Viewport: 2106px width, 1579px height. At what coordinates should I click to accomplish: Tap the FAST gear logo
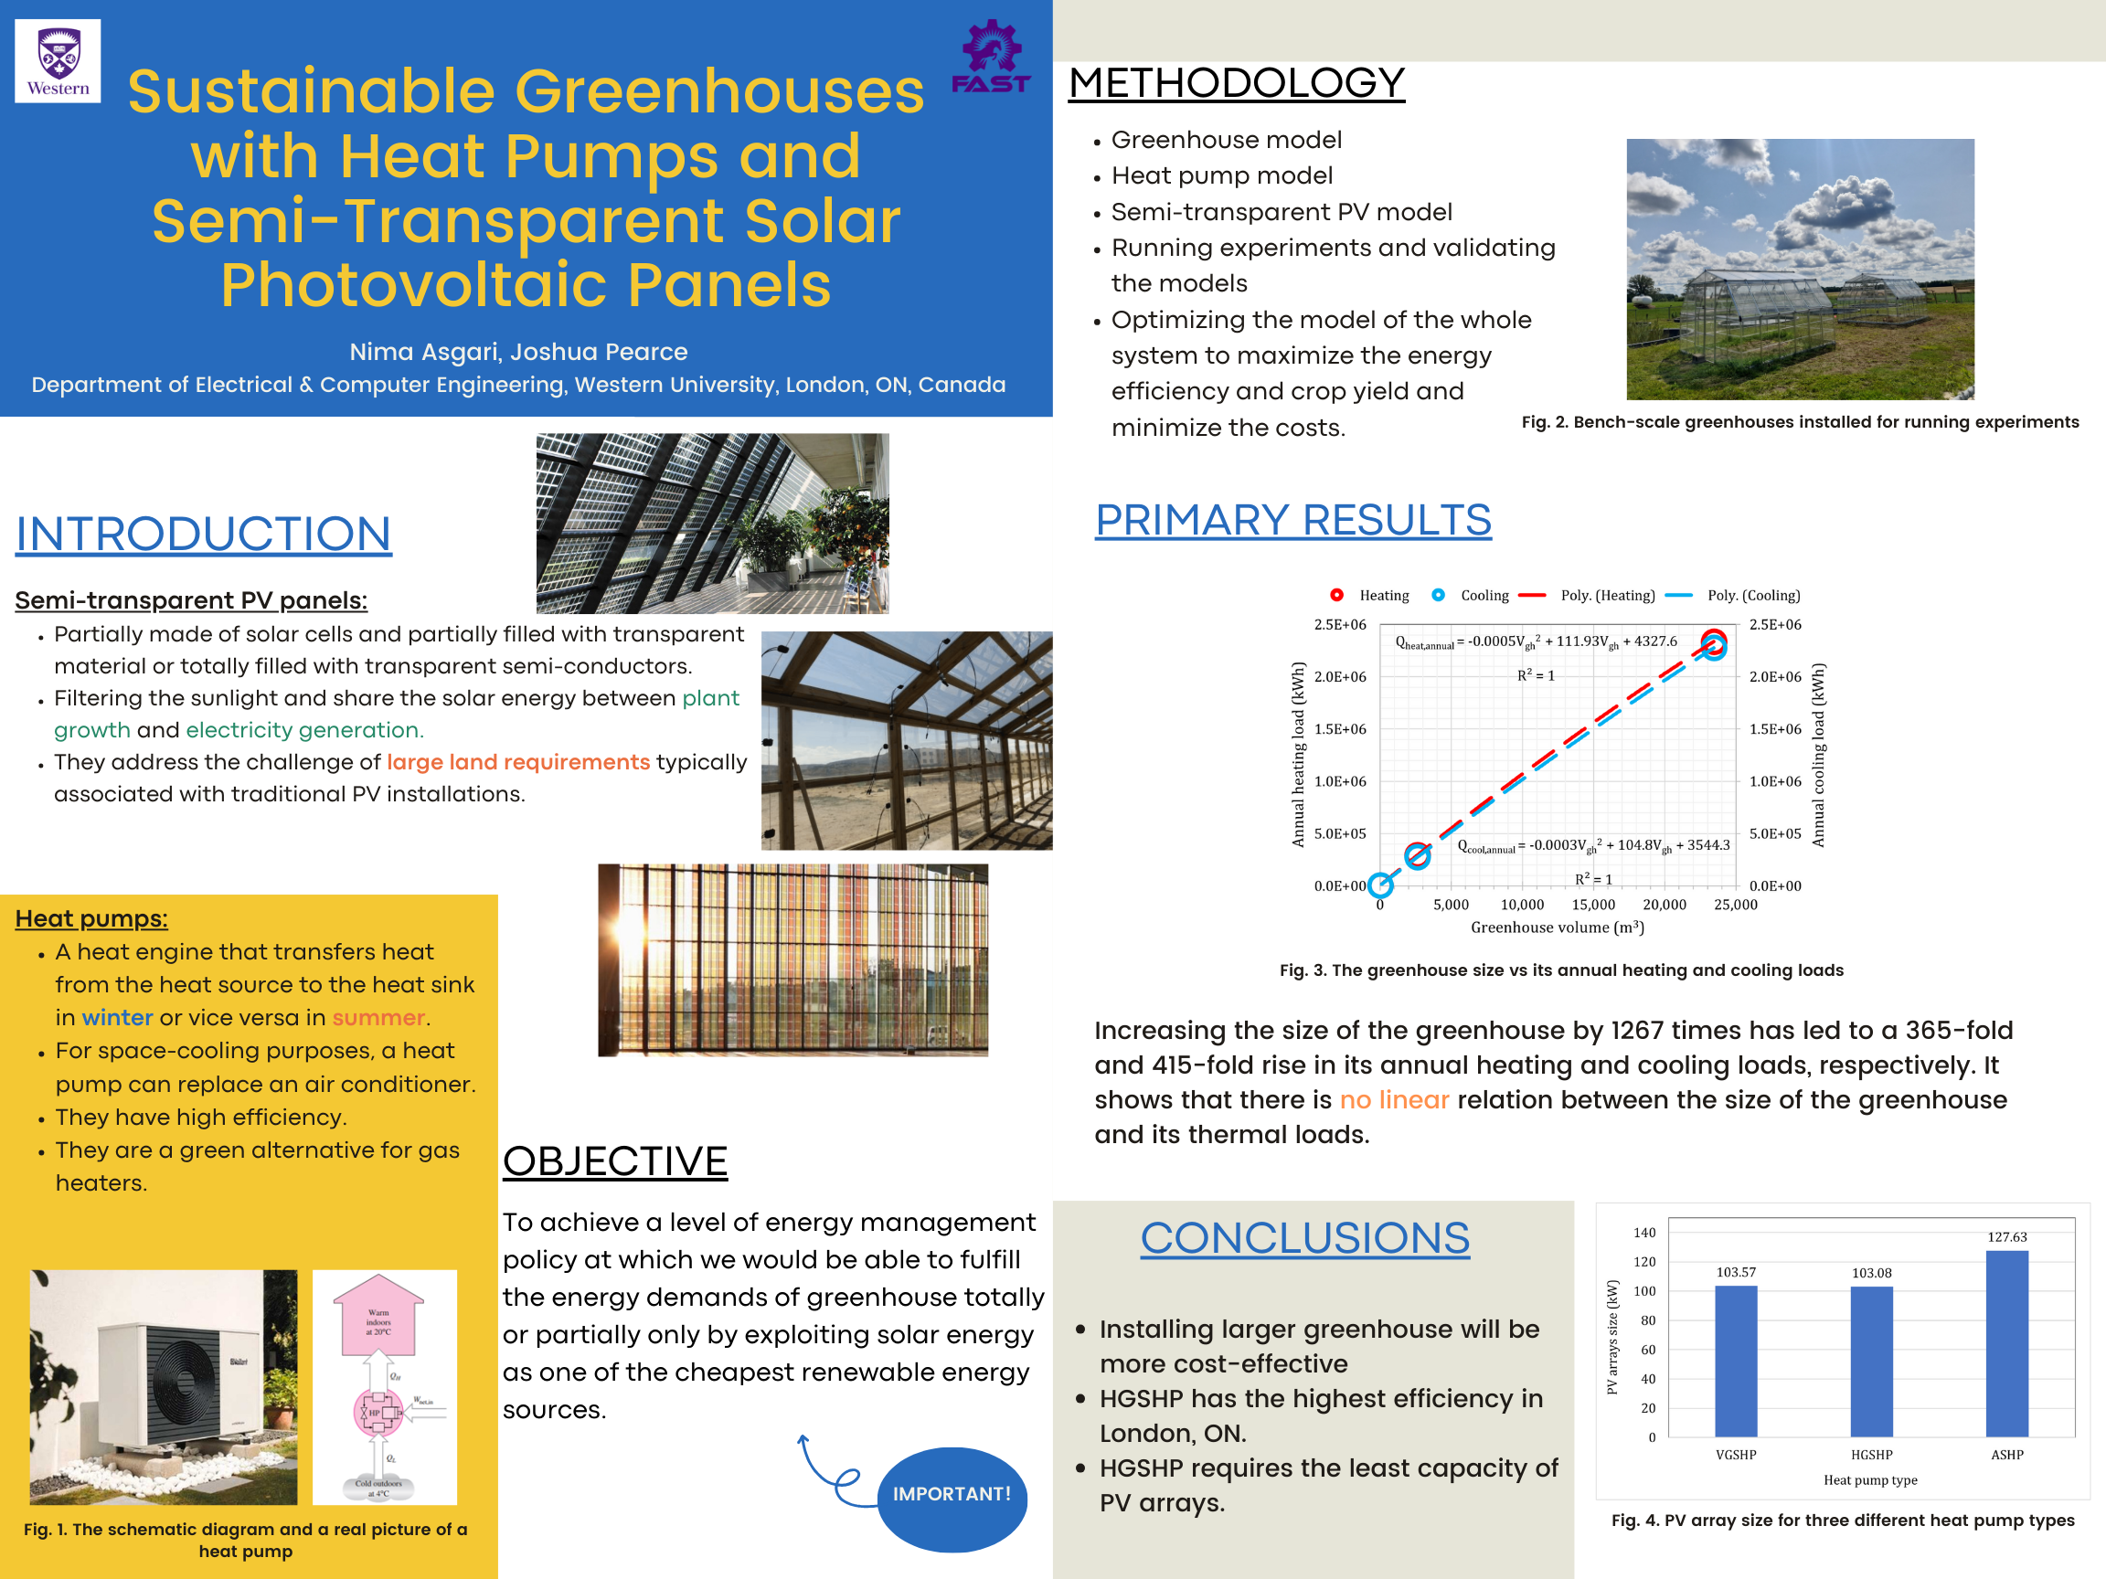pyautogui.click(x=991, y=57)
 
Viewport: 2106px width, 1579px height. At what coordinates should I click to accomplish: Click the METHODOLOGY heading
pyautogui.click(x=1236, y=83)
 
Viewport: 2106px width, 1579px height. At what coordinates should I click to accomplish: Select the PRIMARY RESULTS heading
pyautogui.click(x=1292, y=520)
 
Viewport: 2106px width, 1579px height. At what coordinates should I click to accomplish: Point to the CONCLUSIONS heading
pyautogui.click(x=1304, y=1237)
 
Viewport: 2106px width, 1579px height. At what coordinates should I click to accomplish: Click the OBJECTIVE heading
pyautogui.click(x=615, y=1161)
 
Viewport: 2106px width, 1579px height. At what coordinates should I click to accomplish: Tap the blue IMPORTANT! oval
pyautogui.click(x=952, y=1493)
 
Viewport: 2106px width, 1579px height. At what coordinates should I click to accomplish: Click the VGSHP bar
pyautogui.click(x=1736, y=1361)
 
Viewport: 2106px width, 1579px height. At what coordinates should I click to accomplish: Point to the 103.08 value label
pyautogui.click(x=1871, y=1273)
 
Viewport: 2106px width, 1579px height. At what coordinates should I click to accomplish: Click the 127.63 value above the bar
pyautogui.click(x=2007, y=1236)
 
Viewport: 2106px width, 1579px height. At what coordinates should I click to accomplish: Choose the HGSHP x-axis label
pyautogui.click(x=1871, y=1455)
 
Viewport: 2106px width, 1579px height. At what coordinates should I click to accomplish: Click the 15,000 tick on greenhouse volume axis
pyautogui.click(x=1593, y=905)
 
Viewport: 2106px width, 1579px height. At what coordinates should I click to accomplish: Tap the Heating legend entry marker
pyautogui.click(x=1336, y=595)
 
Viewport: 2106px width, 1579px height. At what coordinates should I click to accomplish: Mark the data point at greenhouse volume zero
pyautogui.click(x=1380, y=885)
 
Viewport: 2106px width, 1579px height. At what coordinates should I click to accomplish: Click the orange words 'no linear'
pyautogui.click(x=1394, y=1100)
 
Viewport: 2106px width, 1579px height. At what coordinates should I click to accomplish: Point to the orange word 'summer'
pyautogui.click(x=378, y=1017)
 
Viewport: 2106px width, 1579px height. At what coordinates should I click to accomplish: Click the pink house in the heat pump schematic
pyautogui.click(x=378, y=1317)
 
